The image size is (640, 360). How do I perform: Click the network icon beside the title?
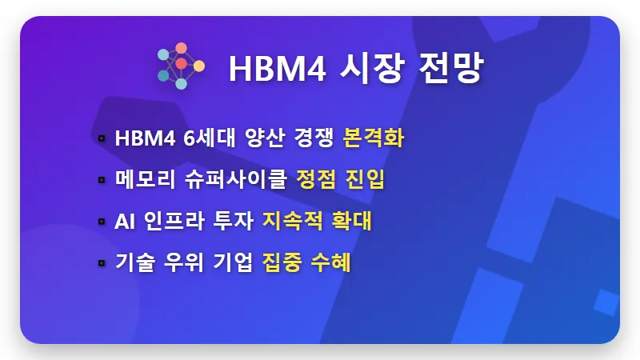[181, 66]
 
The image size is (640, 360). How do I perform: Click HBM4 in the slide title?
[271, 68]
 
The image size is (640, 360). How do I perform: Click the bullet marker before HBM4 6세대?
[102, 139]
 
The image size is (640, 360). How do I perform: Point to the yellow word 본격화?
[373, 138]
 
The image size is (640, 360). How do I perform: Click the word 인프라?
[172, 222]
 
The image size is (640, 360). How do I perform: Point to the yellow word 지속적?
[292, 222]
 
